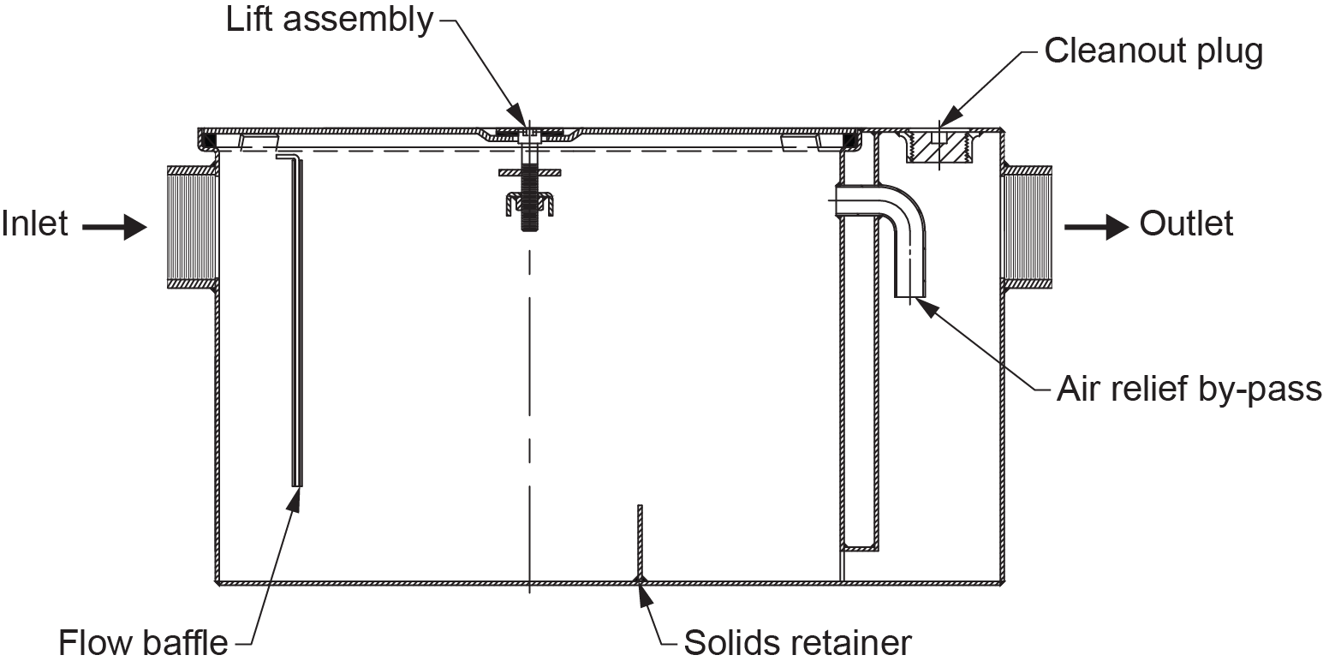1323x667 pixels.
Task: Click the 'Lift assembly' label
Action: pos(330,21)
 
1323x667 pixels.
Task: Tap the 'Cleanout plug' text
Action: pos(1153,52)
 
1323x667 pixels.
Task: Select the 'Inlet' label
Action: pos(34,225)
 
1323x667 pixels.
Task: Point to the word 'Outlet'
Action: pos(1186,224)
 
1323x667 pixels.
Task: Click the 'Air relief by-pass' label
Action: pos(1189,390)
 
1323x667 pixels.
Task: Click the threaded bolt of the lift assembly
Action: pos(529,201)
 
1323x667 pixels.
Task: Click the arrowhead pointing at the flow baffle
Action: pos(295,499)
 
